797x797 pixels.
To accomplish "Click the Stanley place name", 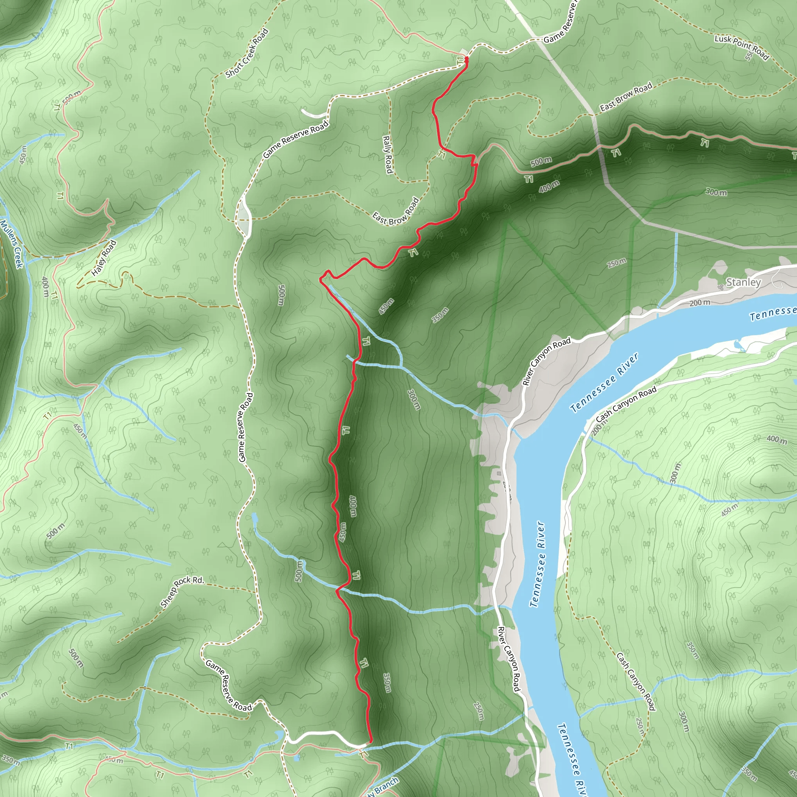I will [743, 282].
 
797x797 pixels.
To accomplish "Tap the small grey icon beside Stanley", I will [720, 287].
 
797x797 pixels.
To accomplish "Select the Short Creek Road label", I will [247, 53].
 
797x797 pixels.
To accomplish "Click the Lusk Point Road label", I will [741, 47].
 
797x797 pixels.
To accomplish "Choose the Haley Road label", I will [104, 258].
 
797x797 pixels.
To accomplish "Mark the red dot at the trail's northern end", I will [467, 60].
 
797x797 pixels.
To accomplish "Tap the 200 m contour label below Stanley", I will [700, 303].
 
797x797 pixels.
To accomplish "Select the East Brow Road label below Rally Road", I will [396, 212].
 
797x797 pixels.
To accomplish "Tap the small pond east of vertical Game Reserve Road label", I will [254, 518].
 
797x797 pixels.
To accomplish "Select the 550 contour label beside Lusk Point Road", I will [749, 56].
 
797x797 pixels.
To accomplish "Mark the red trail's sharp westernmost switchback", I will [321, 280].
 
